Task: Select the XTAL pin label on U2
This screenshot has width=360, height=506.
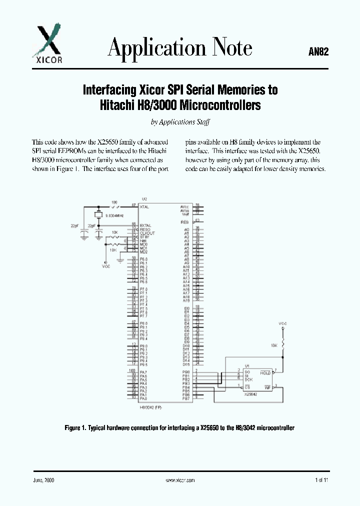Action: coord(145,206)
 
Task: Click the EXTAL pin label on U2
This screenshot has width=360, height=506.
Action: coord(146,225)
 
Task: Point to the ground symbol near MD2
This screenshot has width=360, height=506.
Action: coord(120,259)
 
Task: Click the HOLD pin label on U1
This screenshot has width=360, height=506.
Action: coord(265,373)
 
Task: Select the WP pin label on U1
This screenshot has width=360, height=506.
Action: coord(267,387)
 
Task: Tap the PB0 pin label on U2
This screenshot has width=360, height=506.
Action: coord(186,372)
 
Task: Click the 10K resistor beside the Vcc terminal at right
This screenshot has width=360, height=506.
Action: coord(283,345)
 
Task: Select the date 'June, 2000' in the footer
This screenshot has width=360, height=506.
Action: coord(44,479)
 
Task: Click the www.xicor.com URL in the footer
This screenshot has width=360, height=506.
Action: coord(180,479)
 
